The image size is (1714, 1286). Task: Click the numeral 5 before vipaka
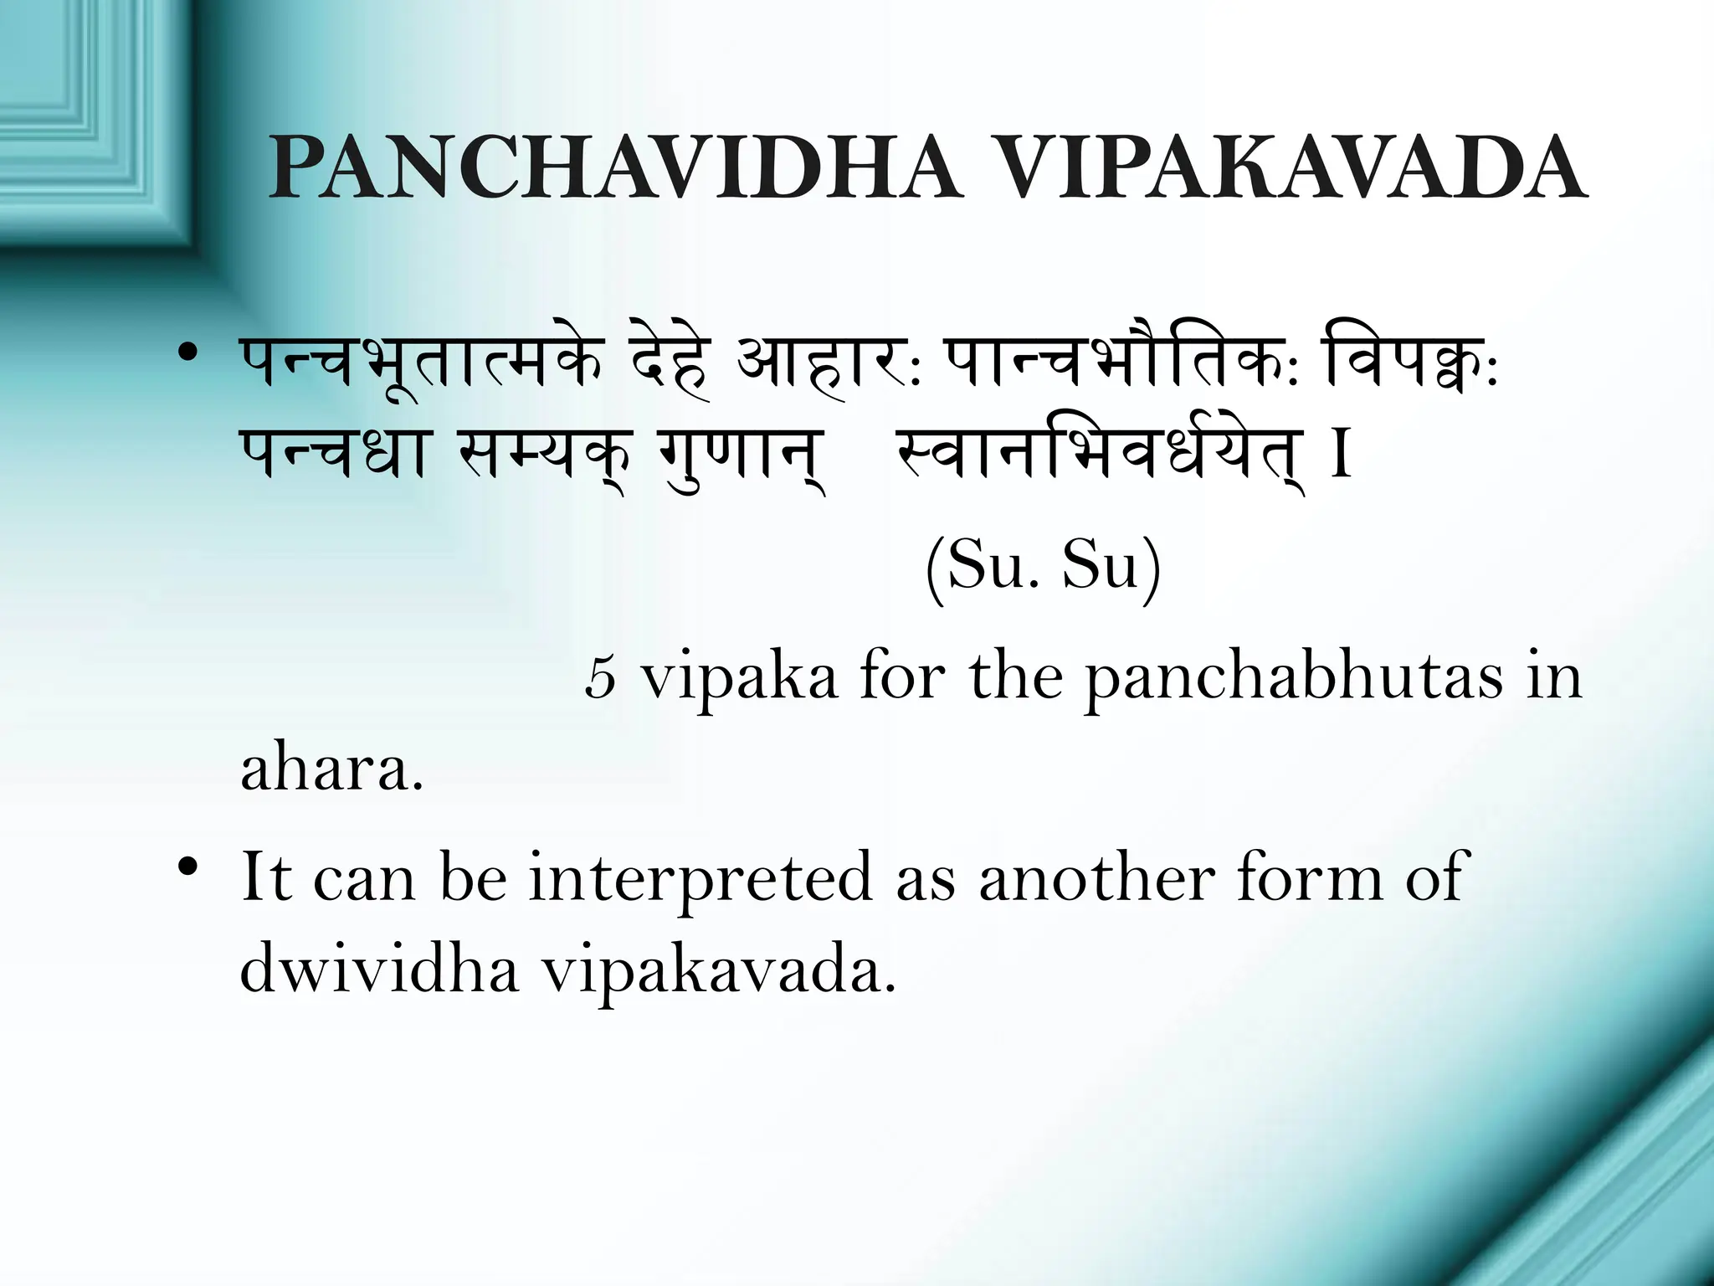click(x=601, y=677)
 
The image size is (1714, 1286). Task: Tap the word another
click(x=1097, y=877)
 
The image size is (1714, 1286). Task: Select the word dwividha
click(x=379, y=970)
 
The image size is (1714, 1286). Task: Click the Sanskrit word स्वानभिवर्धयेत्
click(x=1099, y=456)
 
